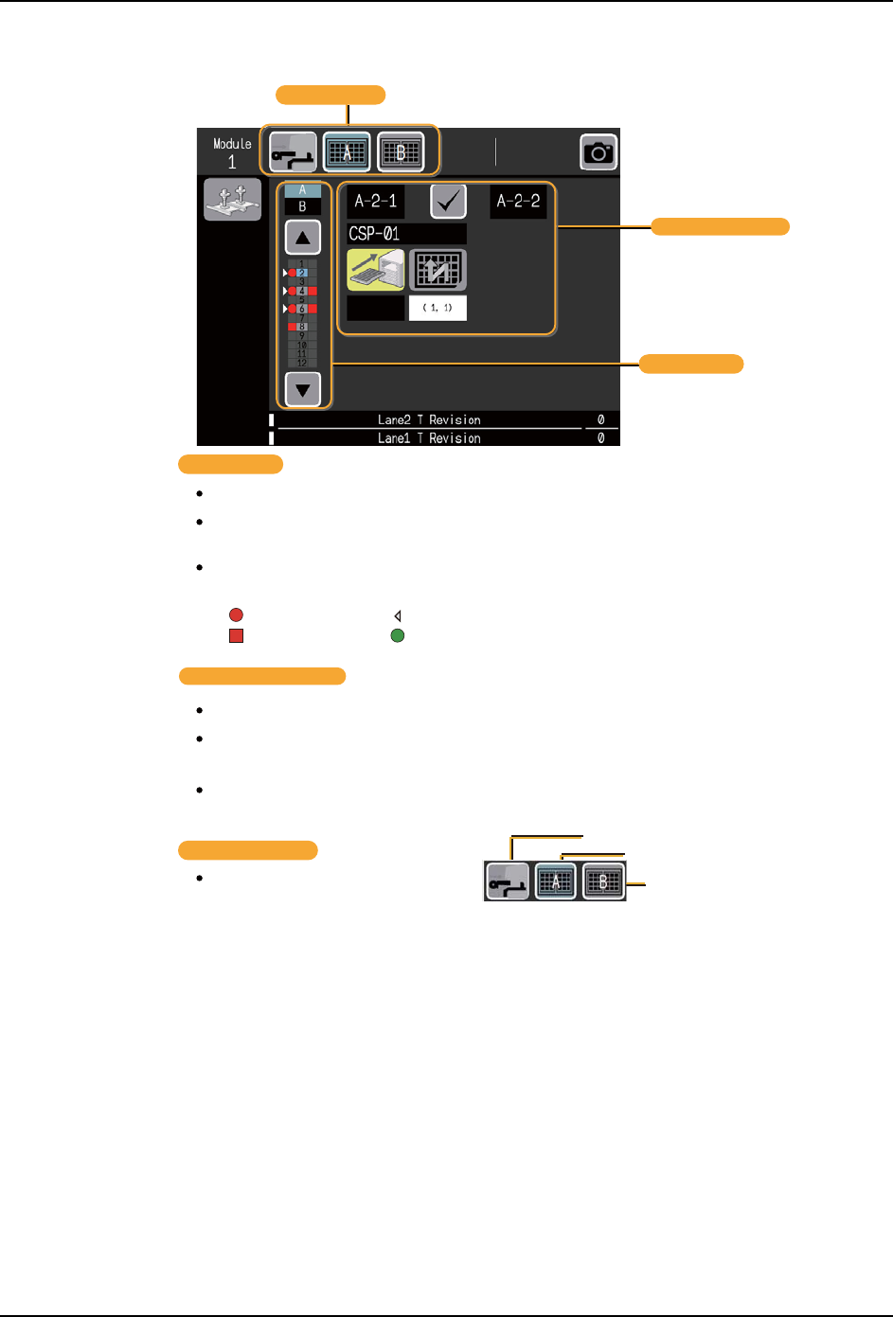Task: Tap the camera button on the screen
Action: coord(598,151)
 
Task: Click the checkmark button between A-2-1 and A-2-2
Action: coord(448,202)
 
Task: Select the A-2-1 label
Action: coord(375,202)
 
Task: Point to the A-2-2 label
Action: coord(518,202)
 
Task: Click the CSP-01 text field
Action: coord(406,234)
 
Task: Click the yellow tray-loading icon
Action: coord(376,270)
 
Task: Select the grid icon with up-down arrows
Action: coord(438,270)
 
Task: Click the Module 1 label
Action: coord(232,152)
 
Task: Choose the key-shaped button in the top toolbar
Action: coord(293,151)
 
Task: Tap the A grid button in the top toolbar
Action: coord(347,151)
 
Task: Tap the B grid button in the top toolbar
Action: coord(401,151)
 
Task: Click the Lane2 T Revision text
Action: coord(429,419)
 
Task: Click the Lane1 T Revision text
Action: coord(429,438)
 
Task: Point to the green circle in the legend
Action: coord(398,635)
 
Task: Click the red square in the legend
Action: coord(236,635)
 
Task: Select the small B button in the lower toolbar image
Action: coord(603,881)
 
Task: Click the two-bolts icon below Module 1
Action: coord(232,201)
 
